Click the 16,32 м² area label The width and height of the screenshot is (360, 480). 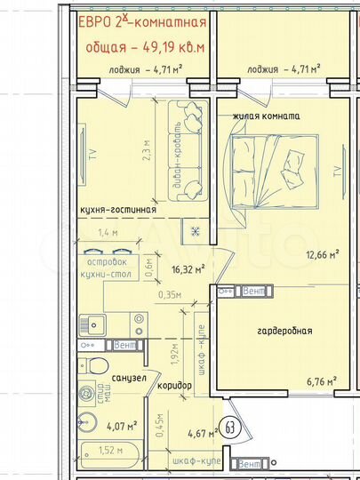coord(188,268)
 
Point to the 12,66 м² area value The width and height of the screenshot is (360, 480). coord(322,255)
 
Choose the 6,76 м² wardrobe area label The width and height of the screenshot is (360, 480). coord(321,382)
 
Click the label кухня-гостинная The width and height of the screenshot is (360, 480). coord(117,210)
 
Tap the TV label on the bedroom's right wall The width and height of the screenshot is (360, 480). coord(337,172)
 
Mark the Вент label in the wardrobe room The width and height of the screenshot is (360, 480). coord(253,291)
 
